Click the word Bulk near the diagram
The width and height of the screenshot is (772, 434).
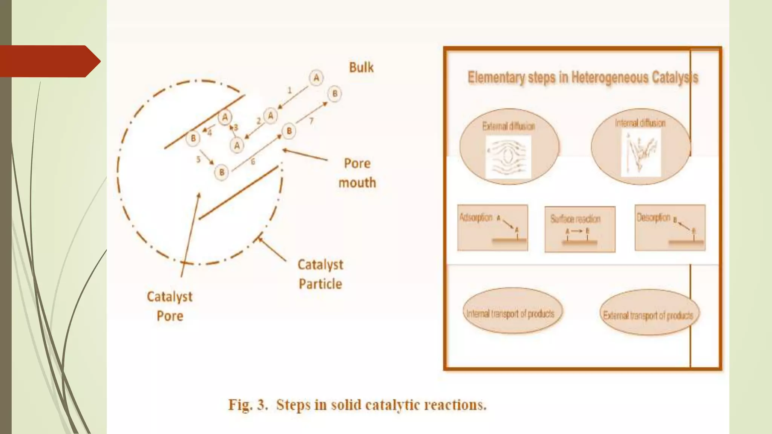[361, 67]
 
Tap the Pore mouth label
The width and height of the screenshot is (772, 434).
[357, 173]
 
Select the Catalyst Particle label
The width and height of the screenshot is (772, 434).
[320, 274]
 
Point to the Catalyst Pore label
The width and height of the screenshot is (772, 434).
[170, 306]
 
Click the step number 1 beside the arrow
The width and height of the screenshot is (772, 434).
[289, 90]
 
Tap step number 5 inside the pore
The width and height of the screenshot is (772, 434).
[198, 159]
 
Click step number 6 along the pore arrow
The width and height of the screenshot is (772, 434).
[253, 162]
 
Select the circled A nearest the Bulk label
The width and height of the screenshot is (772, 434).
[316, 78]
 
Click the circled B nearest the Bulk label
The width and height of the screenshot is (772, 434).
[334, 94]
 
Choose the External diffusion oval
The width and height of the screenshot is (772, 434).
[509, 147]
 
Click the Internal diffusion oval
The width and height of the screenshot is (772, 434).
[640, 146]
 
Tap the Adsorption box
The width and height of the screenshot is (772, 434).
[492, 228]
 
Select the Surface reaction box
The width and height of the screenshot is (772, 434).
[580, 229]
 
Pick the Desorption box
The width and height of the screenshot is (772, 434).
[670, 228]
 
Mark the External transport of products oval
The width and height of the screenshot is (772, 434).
[648, 313]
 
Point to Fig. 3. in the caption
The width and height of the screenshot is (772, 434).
[248, 405]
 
